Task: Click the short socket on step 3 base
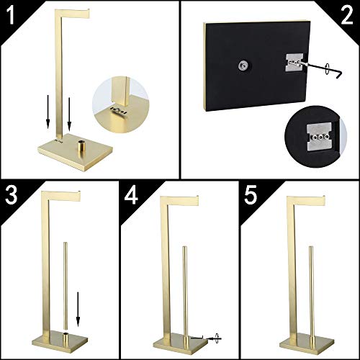tap(65, 338)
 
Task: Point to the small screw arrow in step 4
tap(215, 336)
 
